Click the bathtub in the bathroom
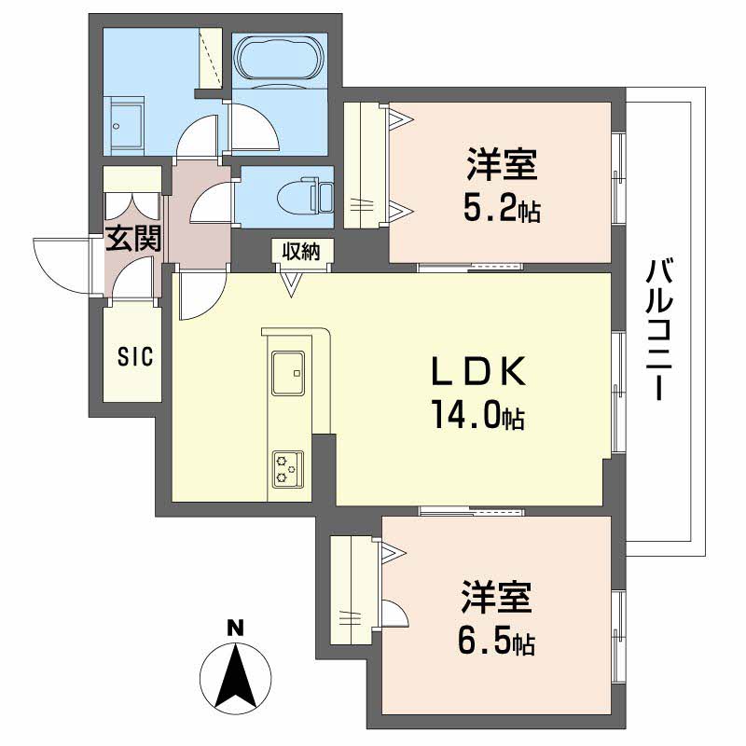[278, 60]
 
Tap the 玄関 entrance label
[132, 239]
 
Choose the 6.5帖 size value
[495, 642]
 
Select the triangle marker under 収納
[293, 283]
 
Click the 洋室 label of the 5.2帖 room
[502, 167]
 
